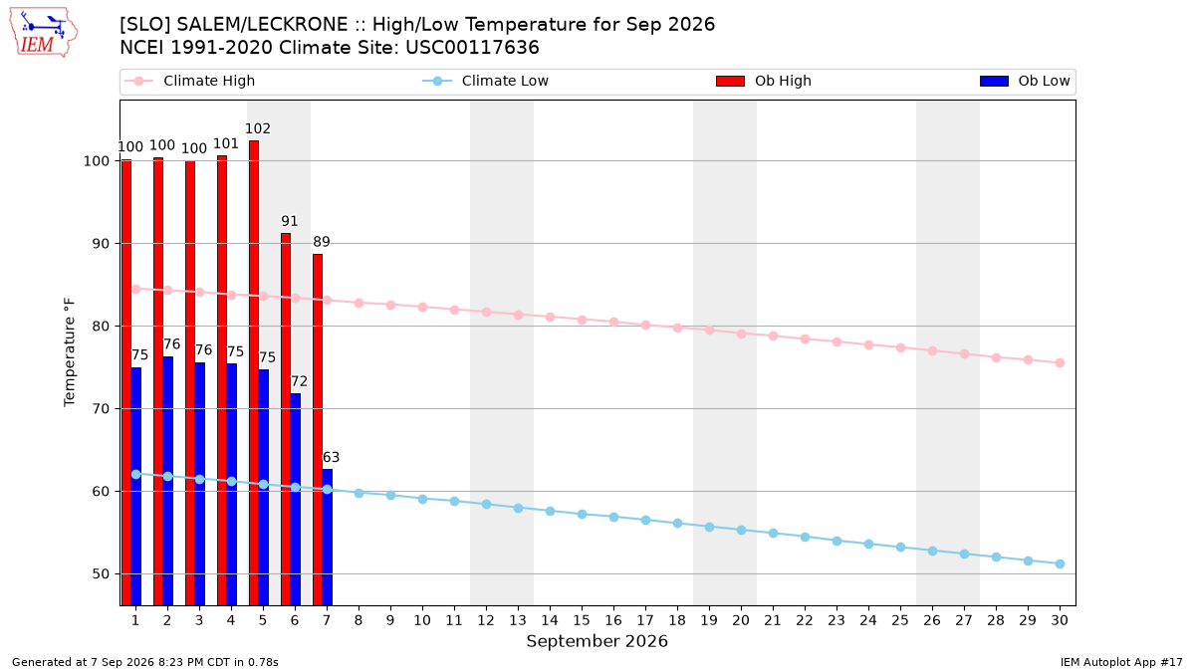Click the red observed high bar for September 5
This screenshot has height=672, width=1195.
coord(254,372)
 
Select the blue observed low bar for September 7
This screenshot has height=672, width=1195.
coord(327,537)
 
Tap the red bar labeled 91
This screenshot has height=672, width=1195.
coord(286,419)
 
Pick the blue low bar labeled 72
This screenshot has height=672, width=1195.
coord(295,499)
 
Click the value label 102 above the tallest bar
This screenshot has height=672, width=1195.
coord(258,128)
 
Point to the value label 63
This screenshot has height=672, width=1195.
coord(331,457)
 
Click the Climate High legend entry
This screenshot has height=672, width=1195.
coord(190,81)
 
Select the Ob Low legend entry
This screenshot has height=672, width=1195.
coord(1025,81)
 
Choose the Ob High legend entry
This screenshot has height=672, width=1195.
coord(764,81)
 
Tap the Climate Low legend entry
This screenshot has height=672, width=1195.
coord(486,81)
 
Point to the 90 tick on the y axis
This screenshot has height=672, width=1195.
coord(101,244)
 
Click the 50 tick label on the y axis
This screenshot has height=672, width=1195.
coord(101,574)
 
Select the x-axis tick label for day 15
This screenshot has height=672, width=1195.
coord(582,620)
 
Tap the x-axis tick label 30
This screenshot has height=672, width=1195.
coord(1060,620)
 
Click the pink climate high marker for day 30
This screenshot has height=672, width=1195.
coord(1060,362)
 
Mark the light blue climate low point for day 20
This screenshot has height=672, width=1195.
coord(741,530)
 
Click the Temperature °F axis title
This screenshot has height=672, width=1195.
coord(70,352)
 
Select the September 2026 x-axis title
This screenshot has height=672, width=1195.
coord(597,641)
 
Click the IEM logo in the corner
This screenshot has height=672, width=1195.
coord(43,33)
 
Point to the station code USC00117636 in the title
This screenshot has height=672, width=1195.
coord(472,48)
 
